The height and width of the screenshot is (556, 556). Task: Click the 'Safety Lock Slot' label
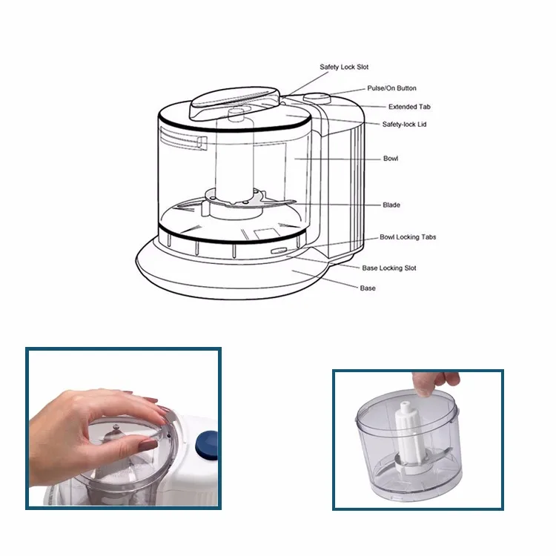[x=344, y=67]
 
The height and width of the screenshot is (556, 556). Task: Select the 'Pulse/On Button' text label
[x=391, y=88]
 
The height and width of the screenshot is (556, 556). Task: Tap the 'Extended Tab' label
[x=409, y=107]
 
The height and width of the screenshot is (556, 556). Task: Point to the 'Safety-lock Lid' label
[x=404, y=125]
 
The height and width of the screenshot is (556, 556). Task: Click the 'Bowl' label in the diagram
[x=391, y=159]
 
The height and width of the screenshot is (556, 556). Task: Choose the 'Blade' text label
[x=391, y=205]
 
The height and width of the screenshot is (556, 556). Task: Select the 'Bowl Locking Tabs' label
[x=408, y=237]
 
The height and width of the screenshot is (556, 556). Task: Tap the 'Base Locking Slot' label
[x=389, y=268]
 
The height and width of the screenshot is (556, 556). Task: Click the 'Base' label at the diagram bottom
[x=368, y=288]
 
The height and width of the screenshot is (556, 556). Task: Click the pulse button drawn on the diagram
[x=317, y=97]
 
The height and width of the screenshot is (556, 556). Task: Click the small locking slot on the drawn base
[x=278, y=251]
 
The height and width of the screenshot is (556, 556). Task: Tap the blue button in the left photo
[x=207, y=446]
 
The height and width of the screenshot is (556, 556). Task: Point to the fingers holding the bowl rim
[x=437, y=383]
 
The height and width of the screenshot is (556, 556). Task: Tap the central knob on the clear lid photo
[x=116, y=427]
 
